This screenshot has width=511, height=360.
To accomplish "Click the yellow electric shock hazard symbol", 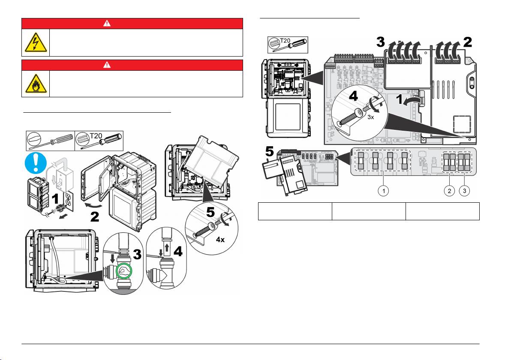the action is (36, 43).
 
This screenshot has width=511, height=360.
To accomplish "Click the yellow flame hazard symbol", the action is (36, 84).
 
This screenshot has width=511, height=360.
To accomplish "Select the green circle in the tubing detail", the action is (124, 271).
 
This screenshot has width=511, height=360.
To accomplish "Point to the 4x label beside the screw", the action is (220, 240).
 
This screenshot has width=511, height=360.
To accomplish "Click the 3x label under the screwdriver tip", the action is (370, 117).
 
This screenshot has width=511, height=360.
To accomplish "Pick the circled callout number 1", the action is (384, 191).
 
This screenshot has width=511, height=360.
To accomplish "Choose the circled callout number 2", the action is (449, 191).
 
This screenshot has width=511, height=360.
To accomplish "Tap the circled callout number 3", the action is (465, 191).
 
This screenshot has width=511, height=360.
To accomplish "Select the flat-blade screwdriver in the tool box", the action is (51, 141).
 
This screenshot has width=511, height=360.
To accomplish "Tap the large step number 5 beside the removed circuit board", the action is (270, 151).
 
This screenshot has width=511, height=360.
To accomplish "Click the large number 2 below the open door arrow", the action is (94, 217).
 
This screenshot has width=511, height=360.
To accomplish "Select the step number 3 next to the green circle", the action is (137, 255).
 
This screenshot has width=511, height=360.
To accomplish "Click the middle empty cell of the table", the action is (369, 211).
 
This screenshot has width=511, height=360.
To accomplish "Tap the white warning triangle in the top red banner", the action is (107, 24).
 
